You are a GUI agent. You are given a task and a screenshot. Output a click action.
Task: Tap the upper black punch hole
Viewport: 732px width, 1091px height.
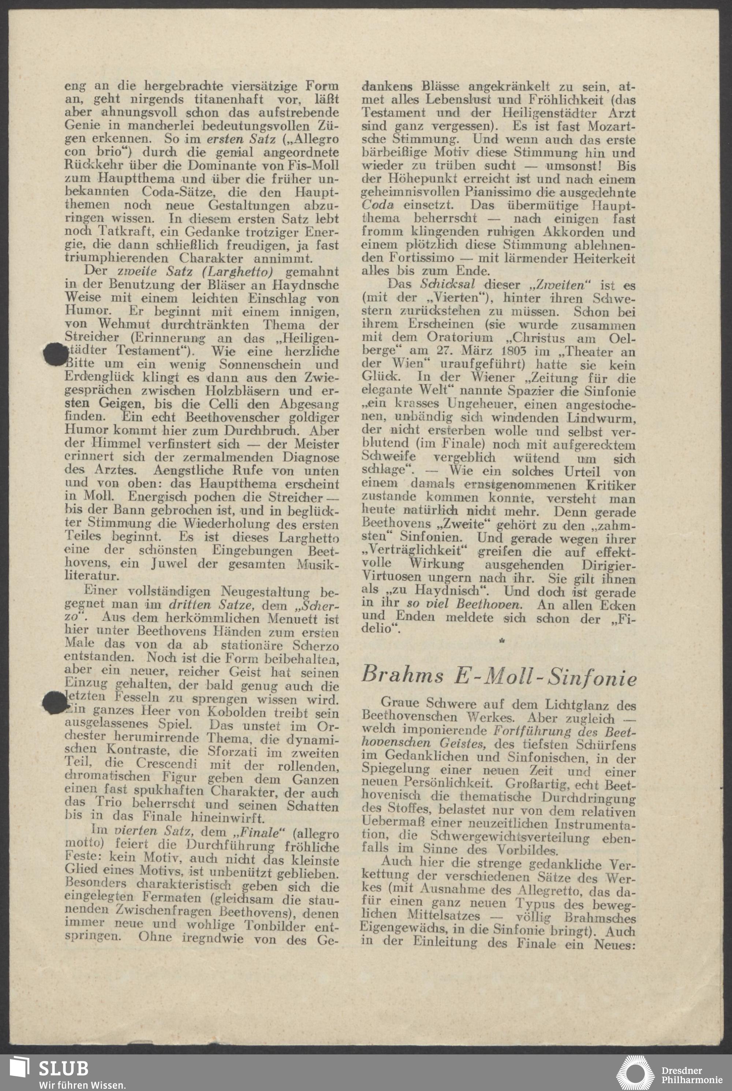tap(56, 354)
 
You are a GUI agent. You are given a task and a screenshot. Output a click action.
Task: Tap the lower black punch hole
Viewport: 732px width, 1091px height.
tap(55, 703)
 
